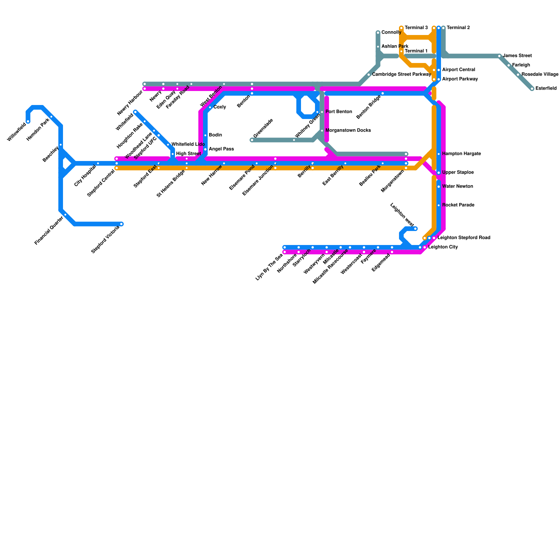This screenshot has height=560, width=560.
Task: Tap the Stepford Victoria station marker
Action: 121,224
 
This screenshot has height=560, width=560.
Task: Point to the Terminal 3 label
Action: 416,28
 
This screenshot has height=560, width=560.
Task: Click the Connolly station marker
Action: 378,33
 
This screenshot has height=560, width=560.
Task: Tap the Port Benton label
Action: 338,112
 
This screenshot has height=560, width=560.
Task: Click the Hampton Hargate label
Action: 461,154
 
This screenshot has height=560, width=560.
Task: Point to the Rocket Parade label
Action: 458,205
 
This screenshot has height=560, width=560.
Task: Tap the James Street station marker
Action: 499,56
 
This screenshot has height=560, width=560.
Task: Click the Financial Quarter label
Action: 49,230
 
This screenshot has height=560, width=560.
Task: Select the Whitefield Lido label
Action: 188,144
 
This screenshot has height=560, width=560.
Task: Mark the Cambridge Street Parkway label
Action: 401,75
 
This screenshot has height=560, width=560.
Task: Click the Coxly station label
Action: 219,107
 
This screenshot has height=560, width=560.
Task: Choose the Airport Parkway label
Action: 460,79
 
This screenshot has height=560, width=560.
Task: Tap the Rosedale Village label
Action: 540,75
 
